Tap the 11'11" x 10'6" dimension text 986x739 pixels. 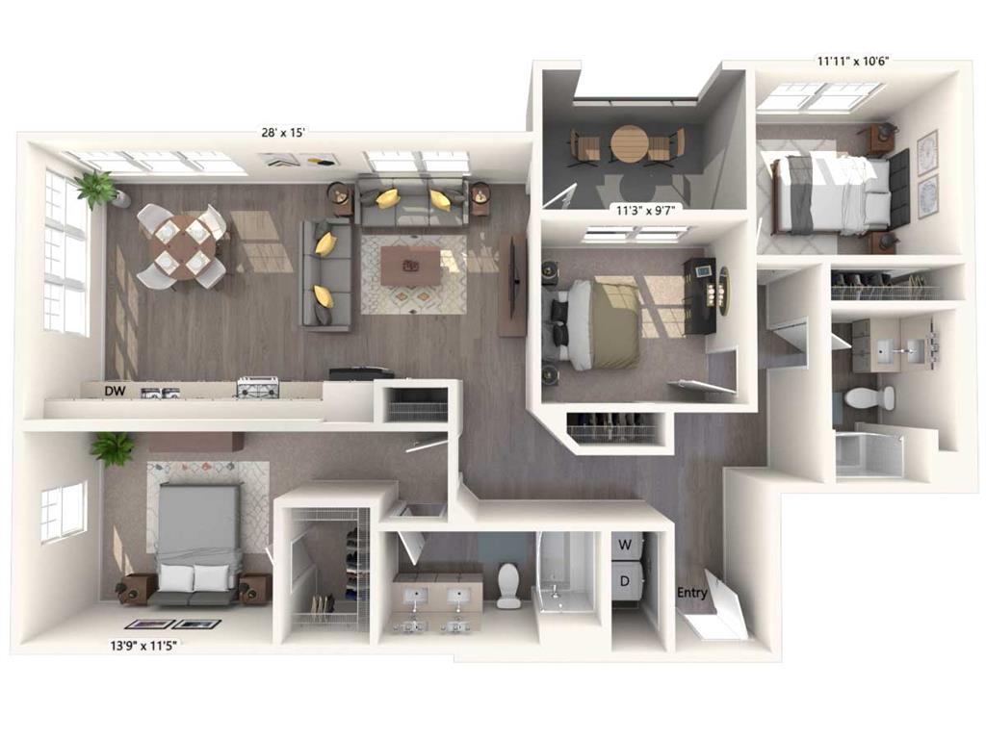[852, 61]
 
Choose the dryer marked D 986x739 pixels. [626, 582]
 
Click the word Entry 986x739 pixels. [692, 593]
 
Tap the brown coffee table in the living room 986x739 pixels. [410, 266]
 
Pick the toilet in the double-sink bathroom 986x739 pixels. [508, 584]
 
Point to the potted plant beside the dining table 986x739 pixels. [98, 189]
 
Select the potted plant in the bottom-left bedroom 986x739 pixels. [113, 447]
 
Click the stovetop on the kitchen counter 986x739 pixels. [258, 387]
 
